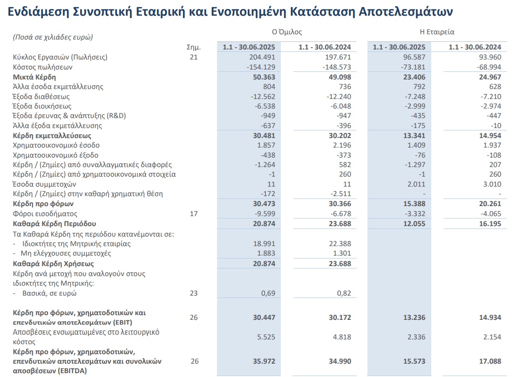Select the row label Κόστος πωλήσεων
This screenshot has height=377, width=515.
tap(42, 67)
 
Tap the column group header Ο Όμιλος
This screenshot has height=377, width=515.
tap(287, 32)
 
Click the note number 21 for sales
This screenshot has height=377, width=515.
tap(193, 57)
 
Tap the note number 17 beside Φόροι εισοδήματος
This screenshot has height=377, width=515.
tap(193, 214)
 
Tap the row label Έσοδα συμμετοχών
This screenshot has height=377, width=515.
tap(45, 184)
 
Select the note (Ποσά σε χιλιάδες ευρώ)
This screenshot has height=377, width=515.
tap(53, 37)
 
